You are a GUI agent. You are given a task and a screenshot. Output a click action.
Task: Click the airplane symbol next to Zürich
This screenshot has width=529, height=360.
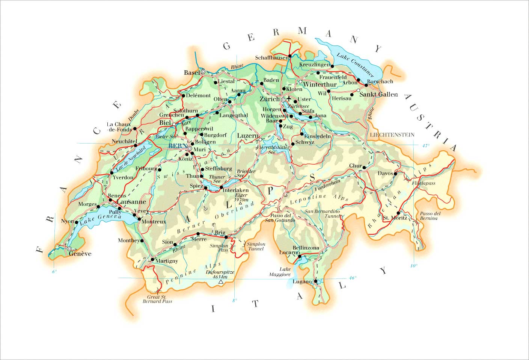tap(289, 98)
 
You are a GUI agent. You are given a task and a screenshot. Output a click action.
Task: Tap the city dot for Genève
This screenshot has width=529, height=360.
tap(69, 249)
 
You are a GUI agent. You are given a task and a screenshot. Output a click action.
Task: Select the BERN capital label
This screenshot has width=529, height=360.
tap(178, 146)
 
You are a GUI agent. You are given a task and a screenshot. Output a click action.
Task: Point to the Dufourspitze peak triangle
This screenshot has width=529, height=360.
tap(221, 281)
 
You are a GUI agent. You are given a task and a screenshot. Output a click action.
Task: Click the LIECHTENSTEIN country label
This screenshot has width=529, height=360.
tap(392, 135)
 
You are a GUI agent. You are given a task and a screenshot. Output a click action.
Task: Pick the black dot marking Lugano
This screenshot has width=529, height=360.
tap(315, 281)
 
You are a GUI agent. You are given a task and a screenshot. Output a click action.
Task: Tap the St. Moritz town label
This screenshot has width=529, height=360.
tap(395, 218)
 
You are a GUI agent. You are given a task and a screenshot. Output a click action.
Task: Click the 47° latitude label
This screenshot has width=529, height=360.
tap(425, 146)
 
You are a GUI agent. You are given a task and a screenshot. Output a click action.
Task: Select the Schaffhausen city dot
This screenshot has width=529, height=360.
tap(290, 56)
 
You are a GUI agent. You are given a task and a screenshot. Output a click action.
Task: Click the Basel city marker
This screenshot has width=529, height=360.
tap(203, 71)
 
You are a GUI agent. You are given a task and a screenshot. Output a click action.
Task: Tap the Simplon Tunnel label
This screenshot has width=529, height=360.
tap(256, 246)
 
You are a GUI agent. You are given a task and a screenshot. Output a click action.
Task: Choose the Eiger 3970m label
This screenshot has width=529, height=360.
tap(241, 198)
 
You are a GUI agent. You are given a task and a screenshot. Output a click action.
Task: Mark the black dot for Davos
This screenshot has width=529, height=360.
tap(395, 174)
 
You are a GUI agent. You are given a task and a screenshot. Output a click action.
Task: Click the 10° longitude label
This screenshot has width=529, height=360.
tap(414, 266)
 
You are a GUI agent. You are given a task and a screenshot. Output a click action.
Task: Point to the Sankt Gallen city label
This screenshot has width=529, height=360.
tap(378, 94)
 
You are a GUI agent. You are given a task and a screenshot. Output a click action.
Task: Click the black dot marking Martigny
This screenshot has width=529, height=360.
tap(152, 260)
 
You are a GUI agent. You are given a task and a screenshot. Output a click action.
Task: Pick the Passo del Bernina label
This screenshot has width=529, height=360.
tap(430, 216)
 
